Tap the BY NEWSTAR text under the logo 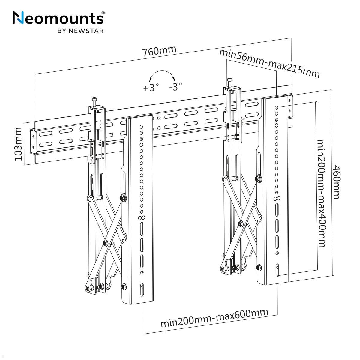pyautogui.click(x=80, y=31)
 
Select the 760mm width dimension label pyautogui.click(x=159, y=51)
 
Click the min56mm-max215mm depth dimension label pyautogui.click(x=269, y=63)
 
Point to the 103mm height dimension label pyautogui.click(x=19, y=144)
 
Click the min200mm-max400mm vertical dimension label pyautogui.click(x=321, y=193)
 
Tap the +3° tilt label pyautogui.click(x=151, y=88)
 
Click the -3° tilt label pyautogui.click(x=175, y=87)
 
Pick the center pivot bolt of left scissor pyautogui.click(x=105, y=243)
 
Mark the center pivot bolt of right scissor pyautogui.click(x=241, y=223)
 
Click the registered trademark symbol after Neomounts pyautogui.click(x=103, y=13)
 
